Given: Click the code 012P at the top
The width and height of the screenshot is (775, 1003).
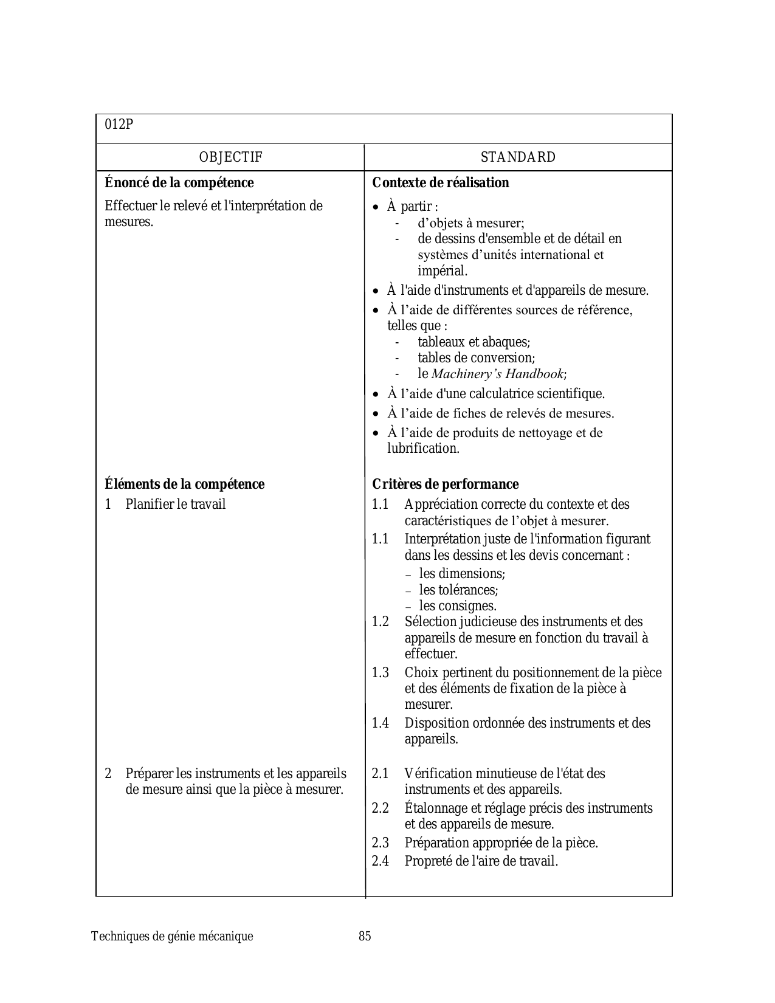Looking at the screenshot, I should [119, 125].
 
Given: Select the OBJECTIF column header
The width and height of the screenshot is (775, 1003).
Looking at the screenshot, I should [230, 157].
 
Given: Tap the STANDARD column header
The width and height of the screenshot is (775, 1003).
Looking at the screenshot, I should [518, 157].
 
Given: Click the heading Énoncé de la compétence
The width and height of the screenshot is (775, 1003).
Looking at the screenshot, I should [179, 183].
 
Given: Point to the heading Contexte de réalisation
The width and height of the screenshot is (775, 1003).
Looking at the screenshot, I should [441, 183].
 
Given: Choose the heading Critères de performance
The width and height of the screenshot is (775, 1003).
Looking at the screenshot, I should [446, 484].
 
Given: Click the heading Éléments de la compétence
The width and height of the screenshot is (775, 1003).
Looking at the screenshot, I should [185, 484].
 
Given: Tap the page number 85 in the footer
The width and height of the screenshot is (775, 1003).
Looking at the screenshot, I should [365, 936].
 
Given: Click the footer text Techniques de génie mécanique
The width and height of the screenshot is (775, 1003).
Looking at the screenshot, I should [172, 936].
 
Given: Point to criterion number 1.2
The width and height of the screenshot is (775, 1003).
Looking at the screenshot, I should [381, 622].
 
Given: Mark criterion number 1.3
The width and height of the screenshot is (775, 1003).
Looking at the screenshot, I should [381, 673].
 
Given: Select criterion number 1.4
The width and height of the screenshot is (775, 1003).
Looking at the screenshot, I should [381, 723].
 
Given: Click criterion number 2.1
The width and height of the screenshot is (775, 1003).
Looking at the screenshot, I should [381, 774].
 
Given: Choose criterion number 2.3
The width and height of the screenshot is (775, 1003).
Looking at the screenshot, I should [381, 843].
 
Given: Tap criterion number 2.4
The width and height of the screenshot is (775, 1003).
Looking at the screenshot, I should [381, 861].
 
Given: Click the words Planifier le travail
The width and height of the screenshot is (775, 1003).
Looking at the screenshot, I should [176, 505].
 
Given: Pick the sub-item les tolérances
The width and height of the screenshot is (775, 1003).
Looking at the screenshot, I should [458, 590].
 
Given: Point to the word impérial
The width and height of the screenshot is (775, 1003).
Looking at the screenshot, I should [443, 271].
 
